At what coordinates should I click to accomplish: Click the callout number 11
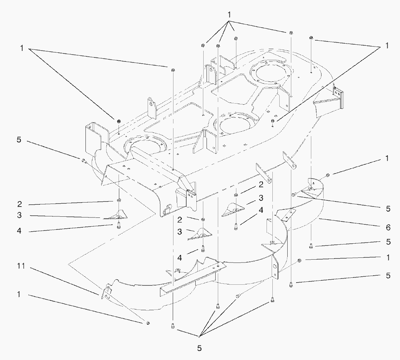tap(21, 267)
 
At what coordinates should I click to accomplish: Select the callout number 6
tap(388, 228)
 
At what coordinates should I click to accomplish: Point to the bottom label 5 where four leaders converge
tap(199, 348)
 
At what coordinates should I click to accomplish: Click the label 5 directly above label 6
tap(388, 209)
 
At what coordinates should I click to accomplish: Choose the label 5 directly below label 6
tap(388, 242)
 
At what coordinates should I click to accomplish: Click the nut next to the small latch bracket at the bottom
tap(148, 323)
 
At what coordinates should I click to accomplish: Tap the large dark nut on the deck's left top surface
tap(119, 121)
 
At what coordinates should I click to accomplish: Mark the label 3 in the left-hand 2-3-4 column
tap(19, 215)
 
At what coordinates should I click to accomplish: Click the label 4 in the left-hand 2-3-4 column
tap(19, 231)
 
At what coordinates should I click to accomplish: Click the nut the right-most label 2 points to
tap(236, 196)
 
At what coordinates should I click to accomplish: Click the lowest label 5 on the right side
tap(388, 276)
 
